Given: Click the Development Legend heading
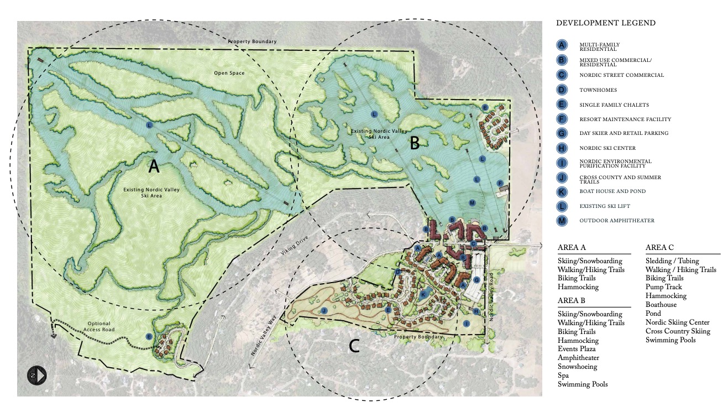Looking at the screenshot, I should pos(606,23).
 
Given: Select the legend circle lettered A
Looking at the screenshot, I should pos(562,45).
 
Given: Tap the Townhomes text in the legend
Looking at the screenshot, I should pos(598,90).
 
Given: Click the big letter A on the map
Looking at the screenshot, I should pos(154,165).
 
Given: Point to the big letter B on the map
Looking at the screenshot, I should pos(415,144).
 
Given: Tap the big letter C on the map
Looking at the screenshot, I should pos(354,346).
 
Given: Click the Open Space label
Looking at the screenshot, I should pos(229,73).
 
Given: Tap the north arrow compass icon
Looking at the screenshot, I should pos(37,375).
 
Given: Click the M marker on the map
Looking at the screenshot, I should pos(472,203).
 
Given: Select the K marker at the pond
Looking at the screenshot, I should pos(423,294).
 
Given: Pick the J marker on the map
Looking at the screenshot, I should pos(324,311).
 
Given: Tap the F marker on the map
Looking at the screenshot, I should pos(500,183).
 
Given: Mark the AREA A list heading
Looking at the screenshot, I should pos(572,248).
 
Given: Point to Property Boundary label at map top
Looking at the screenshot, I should pos(252,42).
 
